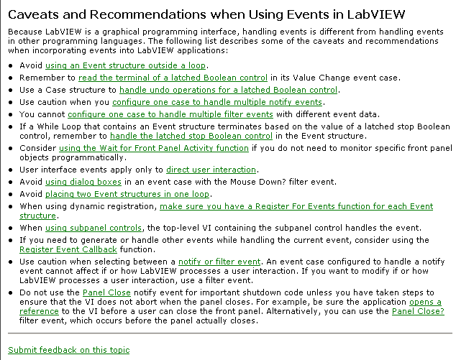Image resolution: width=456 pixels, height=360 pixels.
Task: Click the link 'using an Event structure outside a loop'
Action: [x=126, y=65]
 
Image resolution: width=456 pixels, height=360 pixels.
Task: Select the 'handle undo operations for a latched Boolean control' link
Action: [x=228, y=90]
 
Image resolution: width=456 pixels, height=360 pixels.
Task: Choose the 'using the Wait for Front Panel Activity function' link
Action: [x=154, y=148]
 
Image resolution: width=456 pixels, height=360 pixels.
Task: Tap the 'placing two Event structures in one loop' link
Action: [x=127, y=194]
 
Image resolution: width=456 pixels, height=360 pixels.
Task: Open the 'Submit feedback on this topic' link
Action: [x=69, y=350]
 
